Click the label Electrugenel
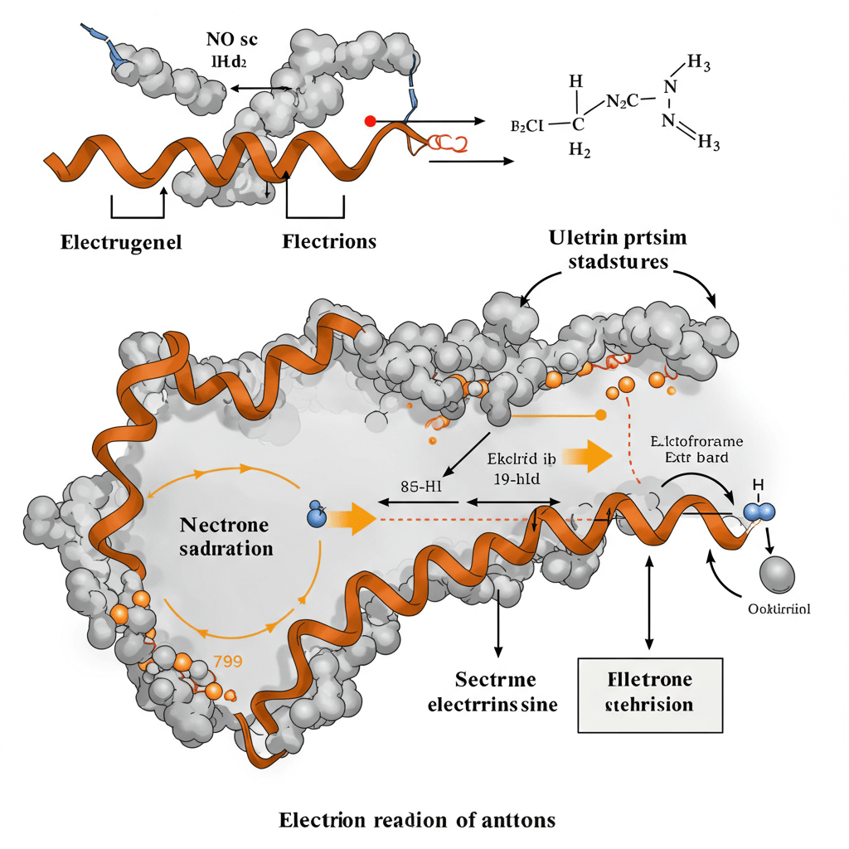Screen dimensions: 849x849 point(121,243)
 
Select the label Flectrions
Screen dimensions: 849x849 point(329,242)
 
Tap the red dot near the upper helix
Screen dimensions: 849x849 point(370,121)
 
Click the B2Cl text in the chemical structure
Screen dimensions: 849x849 point(526,126)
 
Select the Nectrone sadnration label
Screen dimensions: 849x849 point(226,536)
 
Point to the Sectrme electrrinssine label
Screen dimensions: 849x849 point(492,693)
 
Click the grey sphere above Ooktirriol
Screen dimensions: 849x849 point(777,573)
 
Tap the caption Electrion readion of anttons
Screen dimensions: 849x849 point(417,821)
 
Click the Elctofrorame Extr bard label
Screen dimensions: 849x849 point(696,448)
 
